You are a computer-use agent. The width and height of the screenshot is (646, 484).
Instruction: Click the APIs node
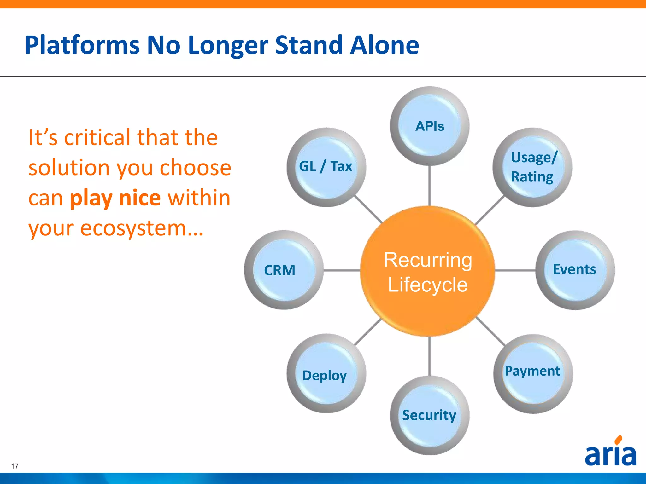(x=429, y=126)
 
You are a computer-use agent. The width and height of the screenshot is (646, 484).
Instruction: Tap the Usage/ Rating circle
(x=532, y=167)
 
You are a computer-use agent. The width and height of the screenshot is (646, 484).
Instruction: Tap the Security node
(x=429, y=415)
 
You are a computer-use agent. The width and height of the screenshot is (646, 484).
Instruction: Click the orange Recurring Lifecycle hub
(x=428, y=272)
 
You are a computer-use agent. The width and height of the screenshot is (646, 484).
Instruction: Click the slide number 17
(x=15, y=466)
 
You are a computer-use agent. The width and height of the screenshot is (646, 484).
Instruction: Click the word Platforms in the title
(x=82, y=45)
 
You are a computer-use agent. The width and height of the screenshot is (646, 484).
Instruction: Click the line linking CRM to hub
(x=342, y=270)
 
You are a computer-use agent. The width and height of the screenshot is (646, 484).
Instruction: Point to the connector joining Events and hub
(x=515, y=270)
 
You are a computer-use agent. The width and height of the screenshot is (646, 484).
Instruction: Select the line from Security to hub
(x=429, y=356)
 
